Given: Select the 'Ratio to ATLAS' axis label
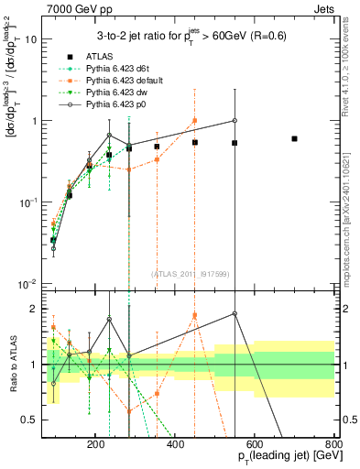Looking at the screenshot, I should (x=12, y=365).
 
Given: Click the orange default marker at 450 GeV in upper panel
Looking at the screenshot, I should (x=195, y=121).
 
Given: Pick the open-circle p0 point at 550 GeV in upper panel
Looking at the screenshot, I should (x=235, y=121).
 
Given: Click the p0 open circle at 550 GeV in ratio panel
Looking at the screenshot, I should (x=235, y=314).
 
